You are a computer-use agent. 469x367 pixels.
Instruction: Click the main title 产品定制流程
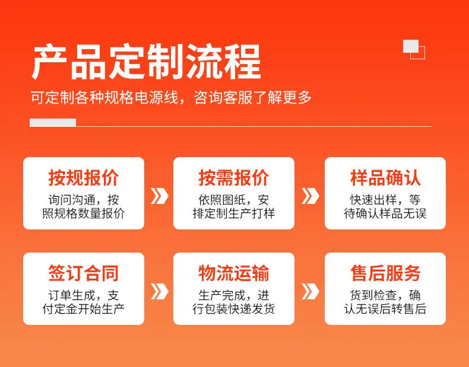tap(146, 62)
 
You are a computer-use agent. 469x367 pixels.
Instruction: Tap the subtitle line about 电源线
tap(171, 97)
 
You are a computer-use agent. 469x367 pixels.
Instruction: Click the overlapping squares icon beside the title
tap(414, 49)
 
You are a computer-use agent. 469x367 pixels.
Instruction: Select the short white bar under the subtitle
tap(53, 123)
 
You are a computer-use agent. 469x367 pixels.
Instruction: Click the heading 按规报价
tap(84, 178)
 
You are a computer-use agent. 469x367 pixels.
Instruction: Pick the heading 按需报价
tap(234, 178)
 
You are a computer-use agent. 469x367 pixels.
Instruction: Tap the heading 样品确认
tap(385, 178)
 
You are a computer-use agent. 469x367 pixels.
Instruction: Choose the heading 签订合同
tap(84, 273)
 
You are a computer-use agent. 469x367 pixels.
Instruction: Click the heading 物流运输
tap(234, 273)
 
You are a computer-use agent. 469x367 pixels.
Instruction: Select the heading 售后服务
tap(385, 273)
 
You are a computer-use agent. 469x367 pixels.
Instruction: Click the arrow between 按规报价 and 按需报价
tap(159, 196)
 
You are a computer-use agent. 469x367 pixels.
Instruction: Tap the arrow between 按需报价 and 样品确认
tap(310, 196)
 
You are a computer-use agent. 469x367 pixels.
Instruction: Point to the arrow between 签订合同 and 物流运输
tap(159, 292)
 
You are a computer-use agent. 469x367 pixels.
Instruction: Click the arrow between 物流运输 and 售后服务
tap(310, 292)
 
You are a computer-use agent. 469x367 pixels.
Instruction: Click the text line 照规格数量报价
tap(84, 214)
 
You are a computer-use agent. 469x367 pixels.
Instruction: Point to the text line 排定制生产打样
tap(234, 214)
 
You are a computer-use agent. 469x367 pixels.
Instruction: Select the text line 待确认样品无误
tap(385, 214)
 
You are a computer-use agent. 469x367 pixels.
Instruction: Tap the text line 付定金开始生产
tap(84, 309)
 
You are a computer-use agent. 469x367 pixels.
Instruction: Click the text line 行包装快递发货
tap(234, 309)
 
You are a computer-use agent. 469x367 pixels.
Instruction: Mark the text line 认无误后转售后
tap(385, 309)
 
